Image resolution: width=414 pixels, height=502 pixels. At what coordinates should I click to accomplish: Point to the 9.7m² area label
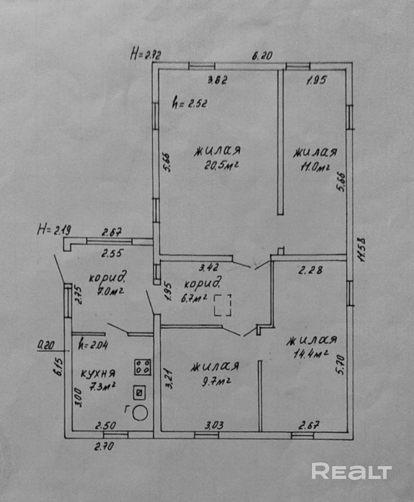tap(216, 382)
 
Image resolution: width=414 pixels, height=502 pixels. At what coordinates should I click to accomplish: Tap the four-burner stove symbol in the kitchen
tap(143, 367)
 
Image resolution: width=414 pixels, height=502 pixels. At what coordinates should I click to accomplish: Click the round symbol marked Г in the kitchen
tap(140, 413)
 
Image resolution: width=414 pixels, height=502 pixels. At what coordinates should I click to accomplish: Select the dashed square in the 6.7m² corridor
tap(223, 305)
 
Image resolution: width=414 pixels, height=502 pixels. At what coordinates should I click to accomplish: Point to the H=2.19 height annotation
tap(54, 230)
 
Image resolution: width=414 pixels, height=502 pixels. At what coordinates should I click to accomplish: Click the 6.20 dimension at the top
tap(262, 56)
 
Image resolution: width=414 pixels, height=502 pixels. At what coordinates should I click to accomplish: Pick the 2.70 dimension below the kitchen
tap(104, 446)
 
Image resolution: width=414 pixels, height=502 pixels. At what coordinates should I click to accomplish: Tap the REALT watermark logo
tap(351, 471)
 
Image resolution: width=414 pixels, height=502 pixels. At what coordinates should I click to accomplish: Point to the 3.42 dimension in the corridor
tap(209, 267)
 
